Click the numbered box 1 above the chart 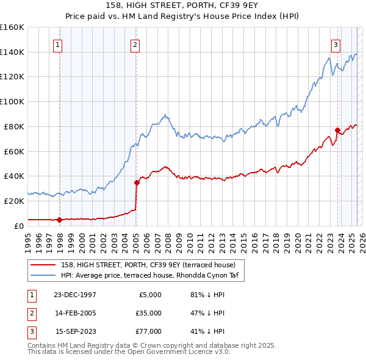coord(57,43)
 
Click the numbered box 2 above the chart coord(134,43)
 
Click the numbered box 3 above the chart coord(335,43)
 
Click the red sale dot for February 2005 coord(137,182)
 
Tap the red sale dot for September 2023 coord(337,129)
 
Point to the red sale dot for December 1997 coord(60,220)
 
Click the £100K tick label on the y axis coord(13,101)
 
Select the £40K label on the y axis coord(15,176)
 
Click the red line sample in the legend coord(43,264)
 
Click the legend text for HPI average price coord(144,275)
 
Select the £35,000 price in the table coord(148,313)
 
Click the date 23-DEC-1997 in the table coord(76,295)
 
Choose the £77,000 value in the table coord(148,331)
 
